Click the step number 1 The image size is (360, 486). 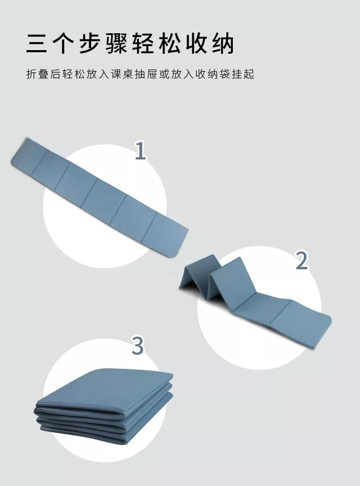(x=140, y=151)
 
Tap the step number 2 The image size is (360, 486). (x=302, y=260)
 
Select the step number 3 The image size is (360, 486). (x=138, y=346)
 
